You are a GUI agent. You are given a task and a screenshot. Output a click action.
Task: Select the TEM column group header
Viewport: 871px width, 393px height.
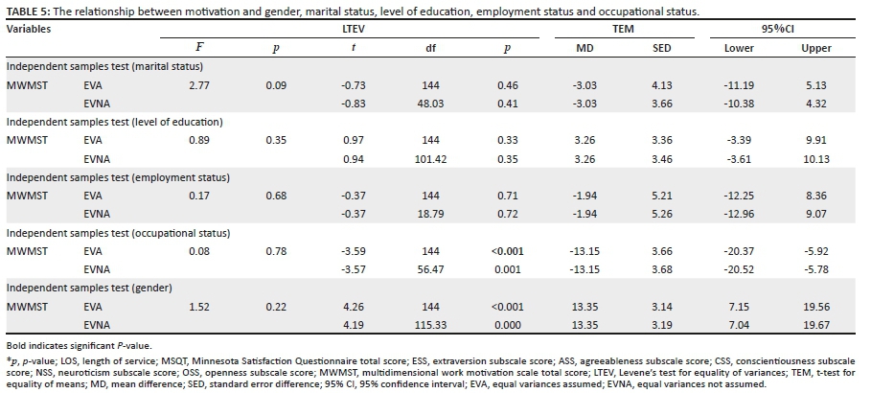(x=622, y=29)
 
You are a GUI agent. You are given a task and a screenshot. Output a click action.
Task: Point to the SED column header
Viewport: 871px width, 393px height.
(x=661, y=48)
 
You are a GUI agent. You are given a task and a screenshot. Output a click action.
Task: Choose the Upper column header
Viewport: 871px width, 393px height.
(x=815, y=48)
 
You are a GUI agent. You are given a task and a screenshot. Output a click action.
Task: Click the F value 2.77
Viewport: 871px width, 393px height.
(x=199, y=85)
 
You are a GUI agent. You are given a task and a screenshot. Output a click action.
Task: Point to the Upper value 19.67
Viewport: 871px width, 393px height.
(x=815, y=325)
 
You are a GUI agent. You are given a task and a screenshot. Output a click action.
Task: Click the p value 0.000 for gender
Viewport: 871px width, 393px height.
(x=507, y=325)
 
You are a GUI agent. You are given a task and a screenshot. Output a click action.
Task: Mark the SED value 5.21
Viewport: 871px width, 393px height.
(x=661, y=196)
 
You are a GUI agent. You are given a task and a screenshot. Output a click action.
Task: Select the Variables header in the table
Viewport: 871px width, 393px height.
(x=29, y=29)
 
